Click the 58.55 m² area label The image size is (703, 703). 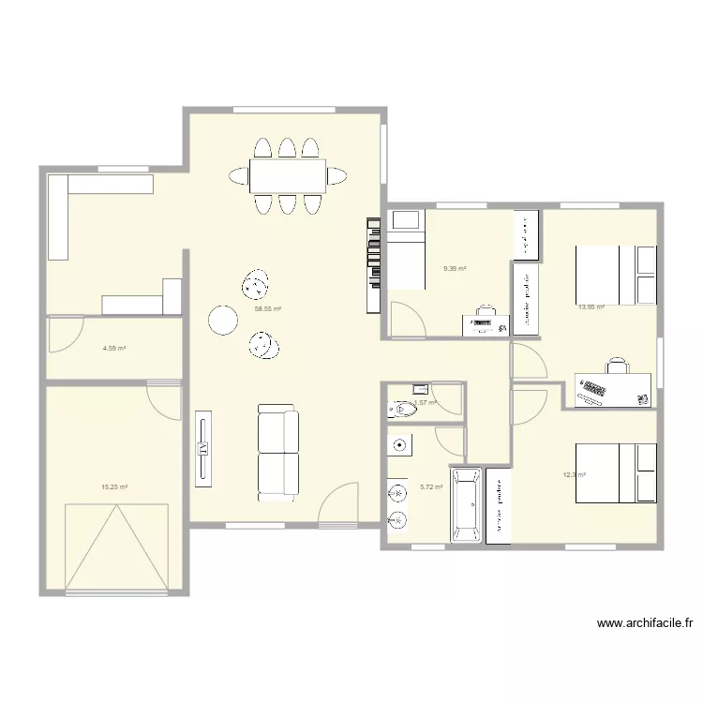(x=268, y=308)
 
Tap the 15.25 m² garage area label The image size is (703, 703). (x=114, y=486)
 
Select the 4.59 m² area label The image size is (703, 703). (x=114, y=349)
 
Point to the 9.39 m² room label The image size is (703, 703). (x=455, y=268)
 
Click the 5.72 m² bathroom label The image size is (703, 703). (x=431, y=486)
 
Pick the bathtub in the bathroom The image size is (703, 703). (x=466, y=505)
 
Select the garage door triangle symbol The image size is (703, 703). (x=116, y=548)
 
